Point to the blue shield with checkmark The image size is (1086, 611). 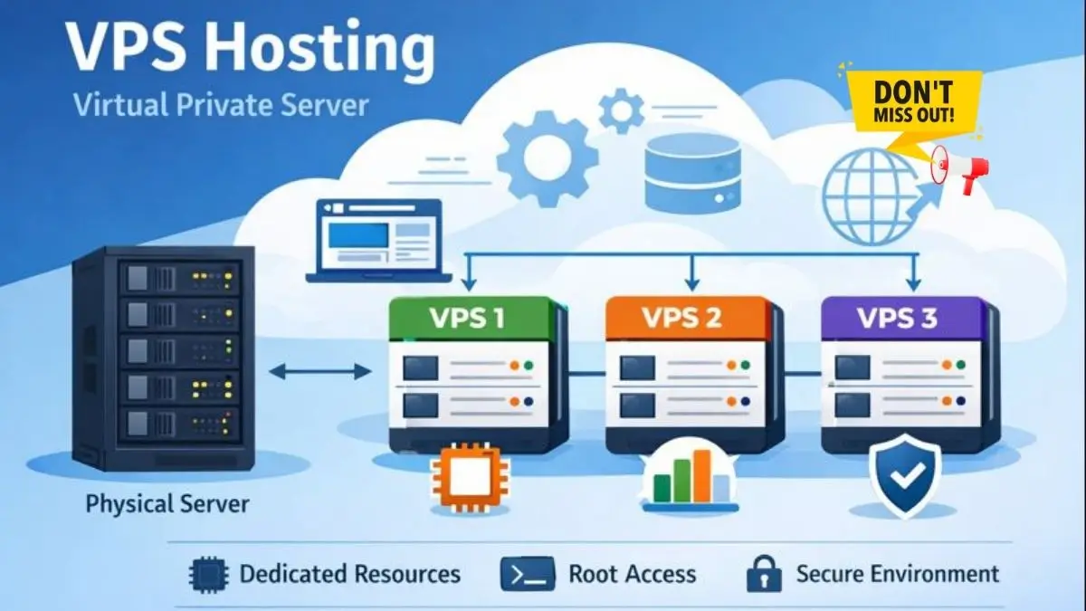click(904, 474)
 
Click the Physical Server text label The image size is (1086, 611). click(167, 503)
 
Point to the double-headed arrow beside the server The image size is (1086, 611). click(320, 370)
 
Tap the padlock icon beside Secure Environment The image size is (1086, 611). click(762, 574)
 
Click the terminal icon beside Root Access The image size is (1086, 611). click(527, 574)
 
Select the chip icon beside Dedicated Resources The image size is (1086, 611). click(207, 574)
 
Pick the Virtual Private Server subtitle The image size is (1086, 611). click(221, 105)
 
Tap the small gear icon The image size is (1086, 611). click(621, 110)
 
